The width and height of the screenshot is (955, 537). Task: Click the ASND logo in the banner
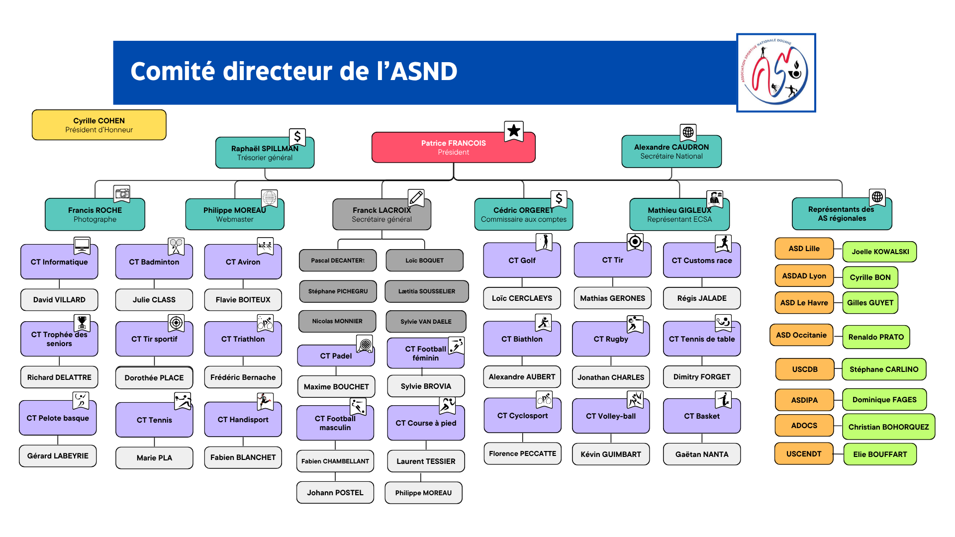point(776,73)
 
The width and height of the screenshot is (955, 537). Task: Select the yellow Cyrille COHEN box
point(99,125)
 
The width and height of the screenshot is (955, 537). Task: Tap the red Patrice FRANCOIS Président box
point(453,148)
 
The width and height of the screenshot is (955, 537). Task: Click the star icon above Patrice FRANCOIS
point(514,131)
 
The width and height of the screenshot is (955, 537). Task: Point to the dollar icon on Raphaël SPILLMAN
point(297,136)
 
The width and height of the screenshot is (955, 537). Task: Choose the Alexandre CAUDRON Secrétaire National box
point(671,152)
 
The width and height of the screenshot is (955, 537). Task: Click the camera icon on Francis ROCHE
point(122,193)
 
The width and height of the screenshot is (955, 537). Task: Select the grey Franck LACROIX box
point(382,215)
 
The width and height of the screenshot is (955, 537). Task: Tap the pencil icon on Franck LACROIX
point(416,197)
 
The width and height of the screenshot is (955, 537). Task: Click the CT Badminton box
point(154,262)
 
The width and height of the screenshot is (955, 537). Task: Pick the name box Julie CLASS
point(154,300)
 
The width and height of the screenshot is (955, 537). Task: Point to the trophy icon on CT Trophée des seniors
point(82,323)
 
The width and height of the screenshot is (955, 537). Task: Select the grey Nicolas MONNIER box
point(337,321)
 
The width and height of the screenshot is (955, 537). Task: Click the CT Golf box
point(522,261)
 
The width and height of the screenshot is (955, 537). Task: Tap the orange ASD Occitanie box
point(801,335)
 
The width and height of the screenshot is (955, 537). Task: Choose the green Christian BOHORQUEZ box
point(888,427)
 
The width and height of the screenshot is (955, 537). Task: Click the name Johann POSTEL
point(335,493)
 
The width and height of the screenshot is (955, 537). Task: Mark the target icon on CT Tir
point(635,242)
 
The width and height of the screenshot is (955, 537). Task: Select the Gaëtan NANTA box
point(701,454)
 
